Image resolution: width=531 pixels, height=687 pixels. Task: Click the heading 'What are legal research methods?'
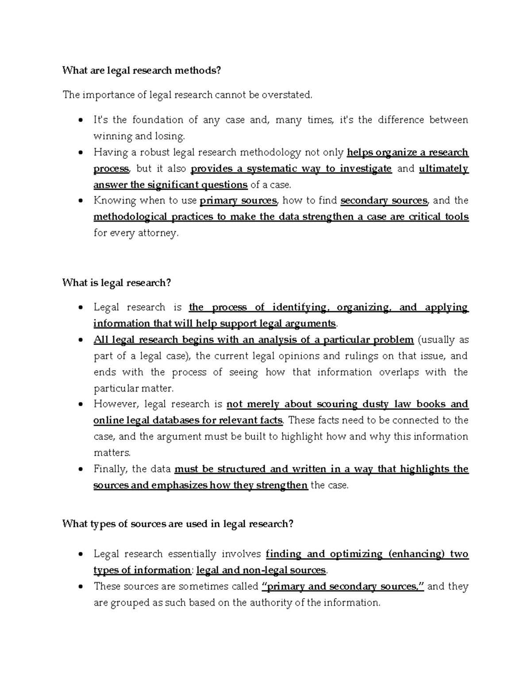pyautogui.click(x=141, y=70)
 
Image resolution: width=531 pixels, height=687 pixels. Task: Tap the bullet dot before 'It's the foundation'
pyautogui.click(x=80, y=120)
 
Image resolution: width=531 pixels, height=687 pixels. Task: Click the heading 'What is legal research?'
pyautogui.click(x=116, y=283)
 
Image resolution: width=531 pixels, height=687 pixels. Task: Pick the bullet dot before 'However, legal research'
pyautogui.click(x=80, y=405)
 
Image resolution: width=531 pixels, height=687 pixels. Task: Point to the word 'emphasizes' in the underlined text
pyautogui.click(x=179, y=485)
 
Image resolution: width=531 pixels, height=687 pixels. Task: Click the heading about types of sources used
pyautogui.click(x=178, y=524)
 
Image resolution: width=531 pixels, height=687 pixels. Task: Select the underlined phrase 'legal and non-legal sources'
pyautogui.click(x=261, y=570)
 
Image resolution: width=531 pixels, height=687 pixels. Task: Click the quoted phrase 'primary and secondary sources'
pyautogui.click(x=343, y=587)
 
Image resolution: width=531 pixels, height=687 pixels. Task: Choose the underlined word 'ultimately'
pyautogui.click(x=443, y=169)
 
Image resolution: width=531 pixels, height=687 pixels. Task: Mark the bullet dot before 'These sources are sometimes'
pyautogui.click(x=80, y=587)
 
